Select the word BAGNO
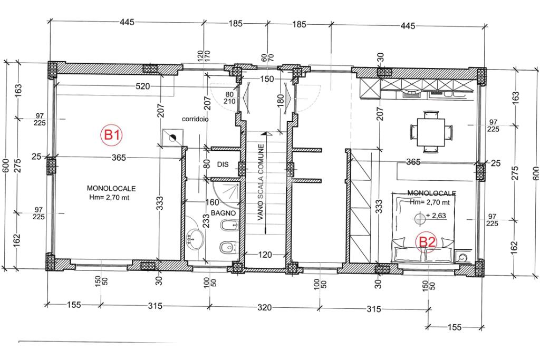(x=223, y=213)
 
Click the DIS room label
(x=223, y=164)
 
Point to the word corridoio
(x=195, y=119)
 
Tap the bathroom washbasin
(x=195, y=238)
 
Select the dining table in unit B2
(x=430, y=132)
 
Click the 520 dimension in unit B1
(x=143, y=86)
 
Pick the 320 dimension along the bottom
(x=264, y=307)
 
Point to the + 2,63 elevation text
(x=436, y=216)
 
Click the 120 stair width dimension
(x=265, y=255)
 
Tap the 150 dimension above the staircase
(x=266, y=79)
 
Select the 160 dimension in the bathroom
(x=212, y=202)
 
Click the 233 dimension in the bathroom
(x=206, y=221)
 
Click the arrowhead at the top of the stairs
(x=264, y=133)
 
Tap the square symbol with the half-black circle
(x=172, y=138)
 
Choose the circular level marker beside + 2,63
(x=419, y=218)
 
